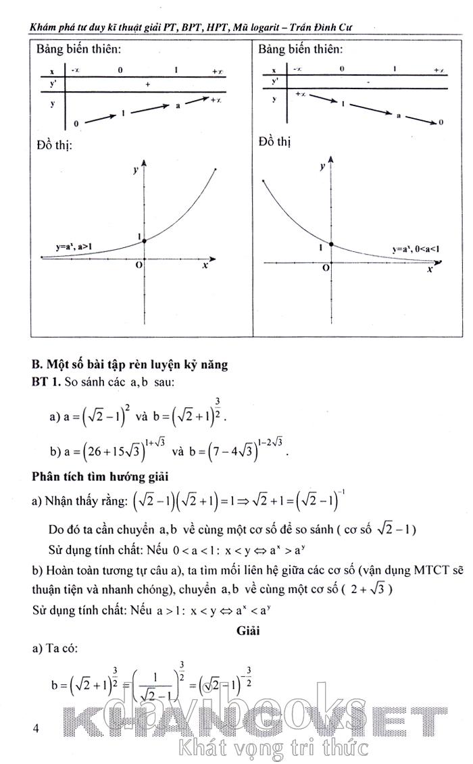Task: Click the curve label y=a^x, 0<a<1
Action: tap(414, 249)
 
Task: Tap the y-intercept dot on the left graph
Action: tap(144, 240)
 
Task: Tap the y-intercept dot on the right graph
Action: tap(331, 245)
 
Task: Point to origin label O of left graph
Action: tap(138, 266)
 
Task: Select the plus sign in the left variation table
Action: tap(147, 84)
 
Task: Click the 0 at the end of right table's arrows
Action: tap(441, 122)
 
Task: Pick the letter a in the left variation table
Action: tap(178, 106)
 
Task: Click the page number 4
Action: tap(36, 728)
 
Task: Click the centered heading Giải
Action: tap(249, 631)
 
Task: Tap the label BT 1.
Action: tap(46, 382)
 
